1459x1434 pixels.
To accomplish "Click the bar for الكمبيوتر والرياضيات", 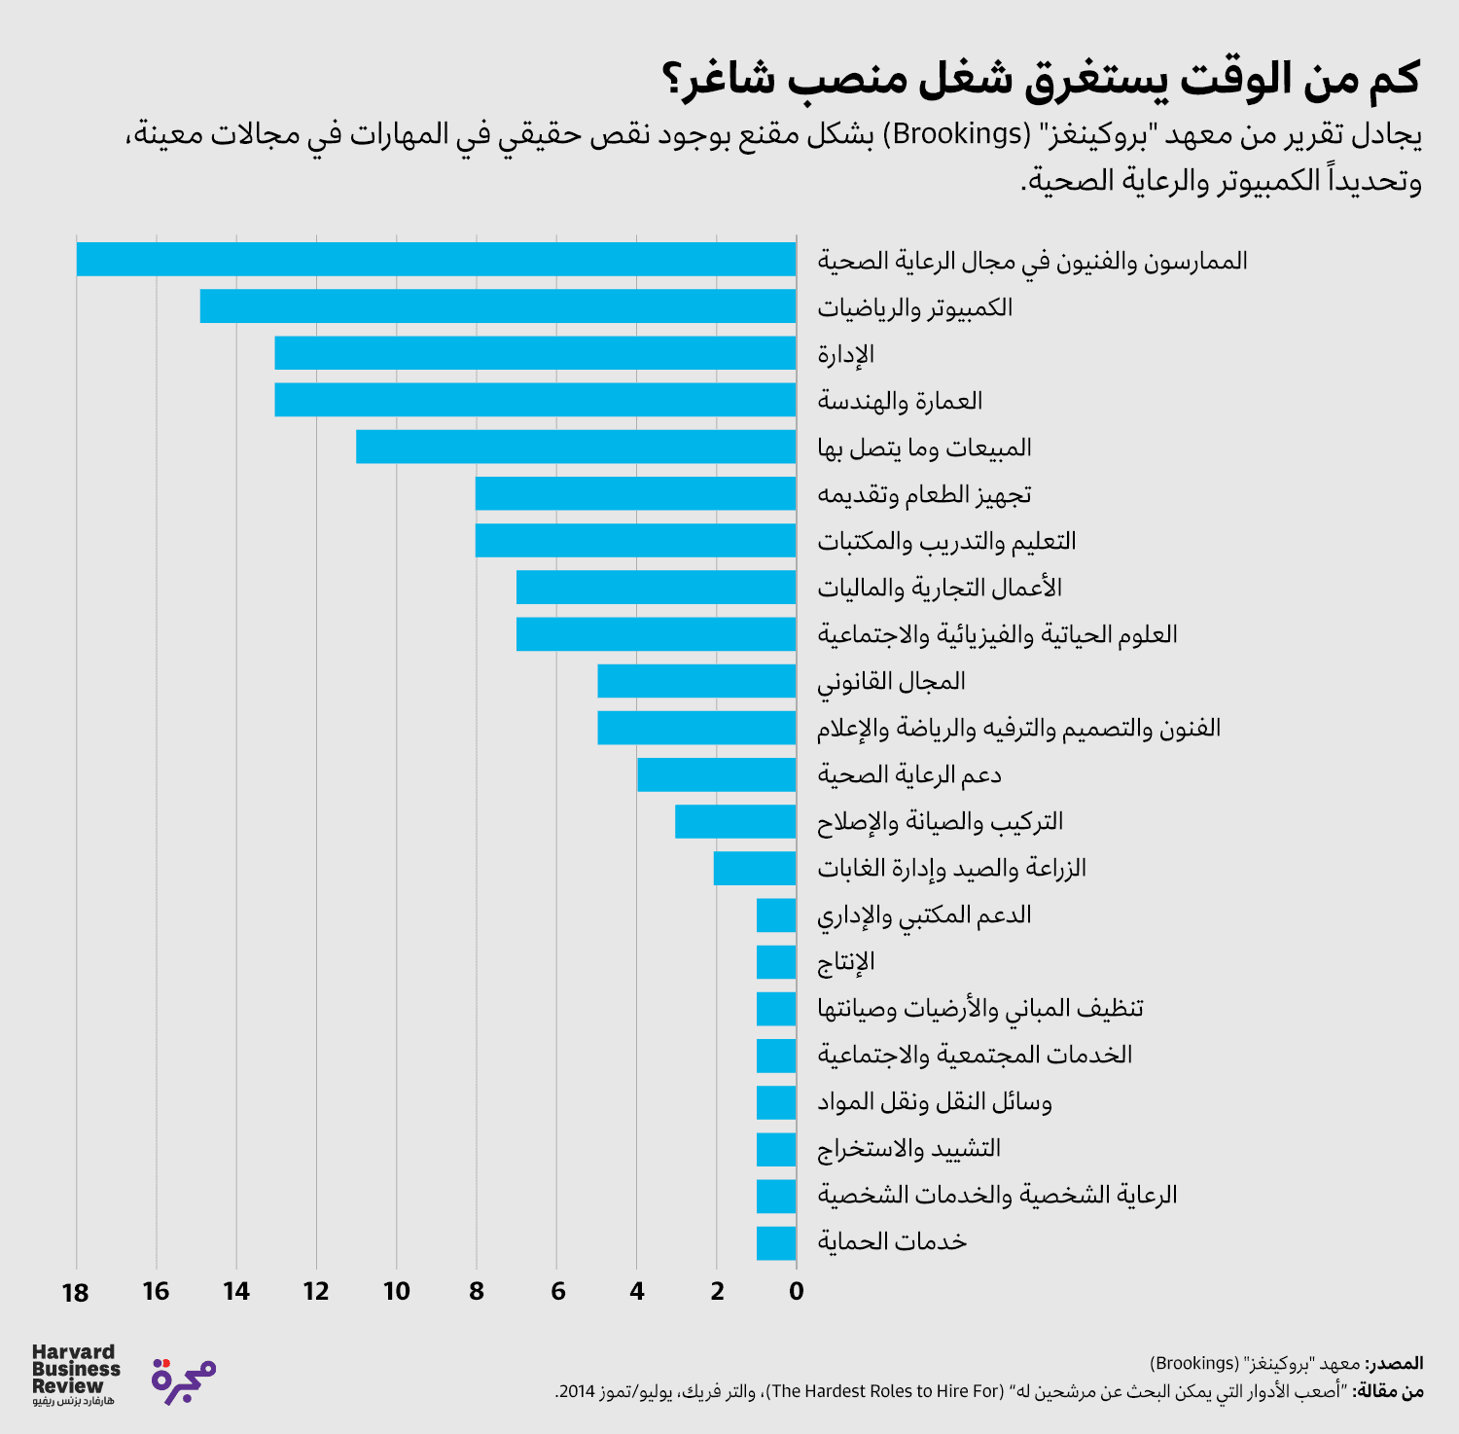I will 498,306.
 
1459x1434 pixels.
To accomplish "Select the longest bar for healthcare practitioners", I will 436,260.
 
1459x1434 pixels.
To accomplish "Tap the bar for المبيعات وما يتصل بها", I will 576,447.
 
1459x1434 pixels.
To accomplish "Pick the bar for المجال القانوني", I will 696,681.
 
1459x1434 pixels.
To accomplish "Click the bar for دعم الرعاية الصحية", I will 717,774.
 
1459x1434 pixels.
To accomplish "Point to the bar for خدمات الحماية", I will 776,1242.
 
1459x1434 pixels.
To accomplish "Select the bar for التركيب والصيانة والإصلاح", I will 735,821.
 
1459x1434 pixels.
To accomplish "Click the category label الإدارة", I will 845,354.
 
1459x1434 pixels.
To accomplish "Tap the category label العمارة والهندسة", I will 900,401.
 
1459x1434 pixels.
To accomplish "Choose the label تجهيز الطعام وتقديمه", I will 924,494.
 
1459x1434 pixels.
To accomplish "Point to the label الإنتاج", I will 845,962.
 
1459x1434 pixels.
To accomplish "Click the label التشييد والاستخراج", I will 908,1149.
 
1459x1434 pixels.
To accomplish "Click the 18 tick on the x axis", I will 75,1292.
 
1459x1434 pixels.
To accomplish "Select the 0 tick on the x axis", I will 797,1292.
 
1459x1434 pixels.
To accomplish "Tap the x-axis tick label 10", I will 396,1292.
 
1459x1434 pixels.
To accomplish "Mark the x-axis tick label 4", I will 636,1292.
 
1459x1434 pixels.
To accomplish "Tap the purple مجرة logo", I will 184,1380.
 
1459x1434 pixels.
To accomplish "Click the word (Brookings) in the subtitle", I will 961,133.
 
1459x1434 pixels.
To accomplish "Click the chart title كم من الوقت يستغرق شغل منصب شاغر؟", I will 1041,78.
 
